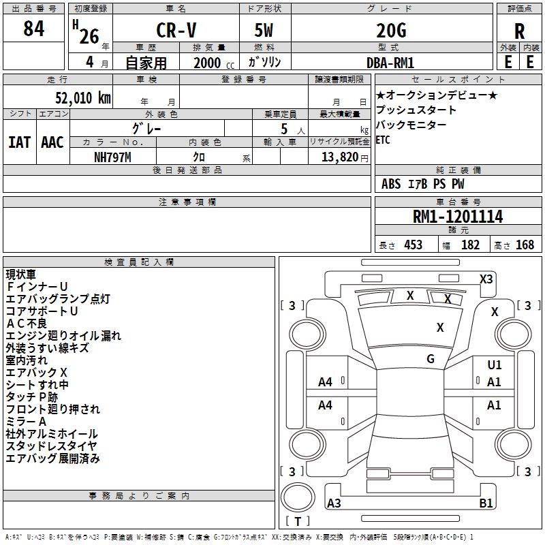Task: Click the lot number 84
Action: click(x=33, y=29)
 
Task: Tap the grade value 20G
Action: click(x=391, y=31)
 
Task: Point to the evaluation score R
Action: click(x=519, y=31)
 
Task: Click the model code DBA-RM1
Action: click(x=391, y=62)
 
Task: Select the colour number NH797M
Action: click(x=113, y=156)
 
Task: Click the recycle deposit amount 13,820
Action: click(x=339, y=157)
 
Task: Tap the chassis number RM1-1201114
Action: click(x=458, y=217)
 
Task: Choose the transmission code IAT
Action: click(x=19, y=142)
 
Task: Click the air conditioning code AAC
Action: click(x=52, y=142)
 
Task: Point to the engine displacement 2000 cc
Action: click(x=211, y=63)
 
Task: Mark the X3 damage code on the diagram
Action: click(x=486, y=279)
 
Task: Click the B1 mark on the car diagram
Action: click(x=486, y=503)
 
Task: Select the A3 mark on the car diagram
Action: click(x=334, y=503)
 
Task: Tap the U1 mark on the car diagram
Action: click(x=495, y=365)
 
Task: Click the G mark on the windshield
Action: click(x=431, y=358)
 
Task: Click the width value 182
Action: click(x=470, y=245)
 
